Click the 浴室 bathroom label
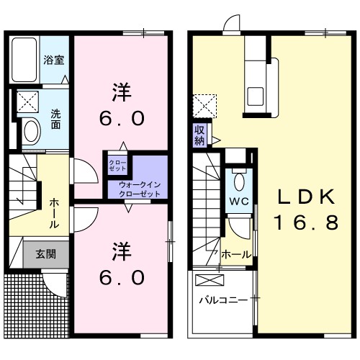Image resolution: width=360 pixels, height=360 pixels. [x=54, y=60]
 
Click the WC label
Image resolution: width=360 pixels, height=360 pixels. [x=239, y=201]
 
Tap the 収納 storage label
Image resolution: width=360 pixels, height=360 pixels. [x=200, y=135]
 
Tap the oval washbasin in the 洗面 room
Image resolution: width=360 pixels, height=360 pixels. [x=31, y=131]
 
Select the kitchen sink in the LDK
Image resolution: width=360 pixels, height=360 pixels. [x=256, y=95]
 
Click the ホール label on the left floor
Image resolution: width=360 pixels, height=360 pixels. [x=54, y=214]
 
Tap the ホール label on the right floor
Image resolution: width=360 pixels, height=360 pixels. [x=236, y=254]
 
